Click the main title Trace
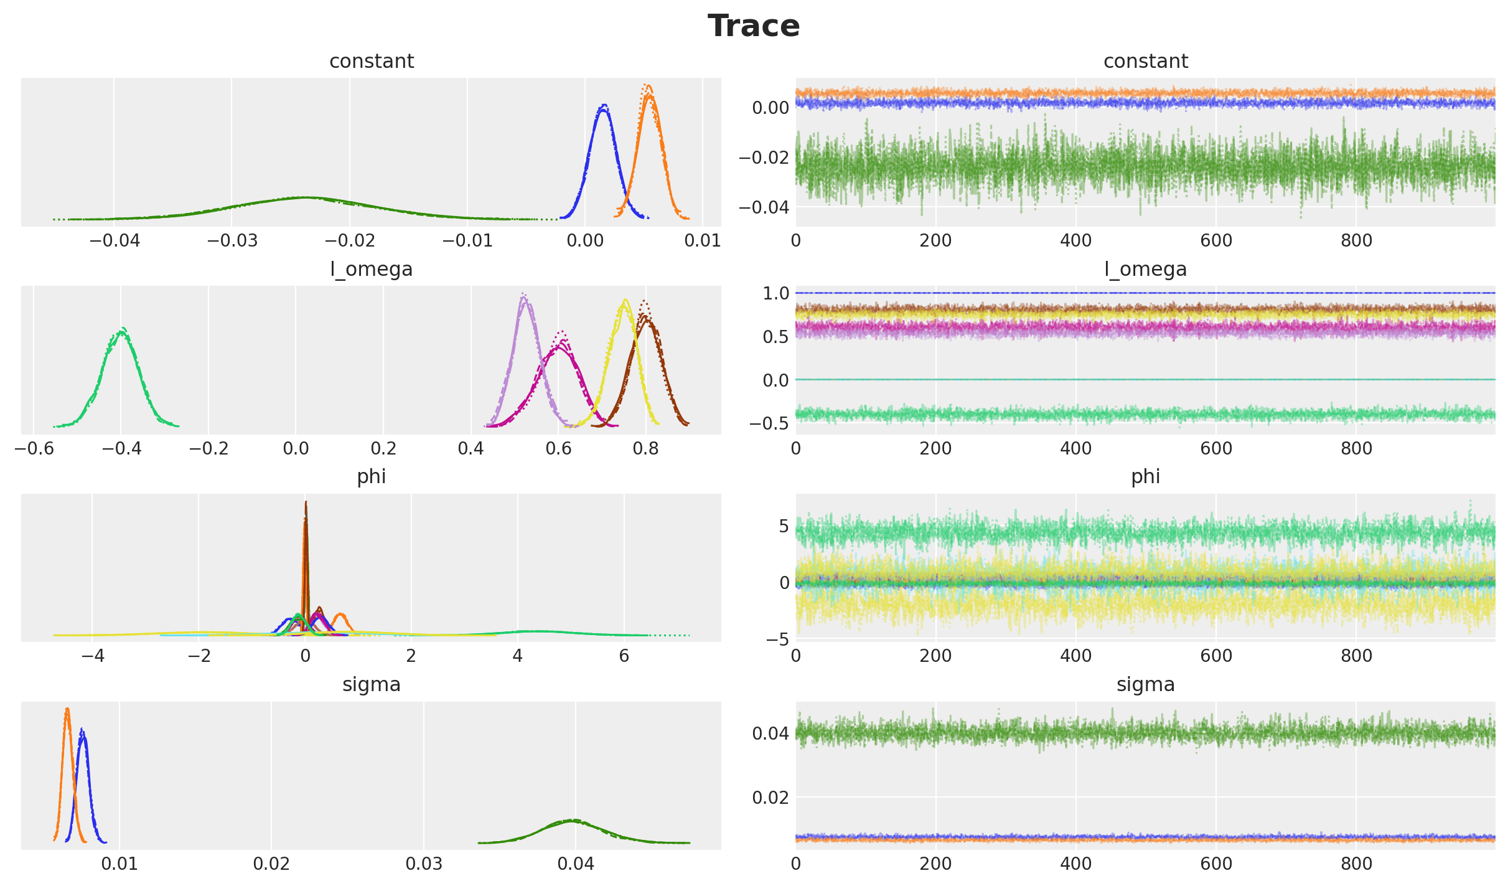point(753,26)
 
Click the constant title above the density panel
point(372,62)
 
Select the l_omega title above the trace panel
point(1145,269)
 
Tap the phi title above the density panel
point(372,477)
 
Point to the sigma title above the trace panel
point(1145,685)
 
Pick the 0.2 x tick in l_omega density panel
point(383,448)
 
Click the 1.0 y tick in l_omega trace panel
point(775,293)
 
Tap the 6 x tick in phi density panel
point(624,656)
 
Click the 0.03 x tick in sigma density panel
point(423,864)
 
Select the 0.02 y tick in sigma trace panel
point(770,798)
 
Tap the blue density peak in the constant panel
point(603,106)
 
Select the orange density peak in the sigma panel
point(67,709)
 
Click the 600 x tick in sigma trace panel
point(1216,864)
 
